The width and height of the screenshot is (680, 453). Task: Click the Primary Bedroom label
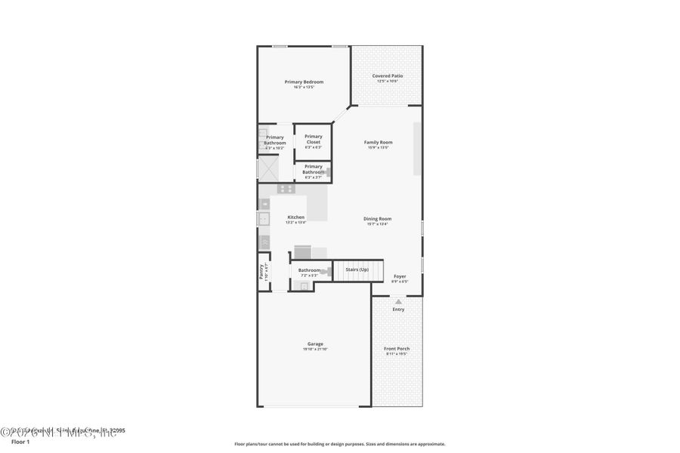point(304,82)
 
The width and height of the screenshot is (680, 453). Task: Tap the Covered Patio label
point(388,75)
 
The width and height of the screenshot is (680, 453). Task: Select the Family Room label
point(378,142)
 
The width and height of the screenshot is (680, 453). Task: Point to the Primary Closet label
point(314,139)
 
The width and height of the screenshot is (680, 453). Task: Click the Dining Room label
point(378,218)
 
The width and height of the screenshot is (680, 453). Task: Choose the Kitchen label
point(295,217)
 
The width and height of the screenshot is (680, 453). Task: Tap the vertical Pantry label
point(262,270)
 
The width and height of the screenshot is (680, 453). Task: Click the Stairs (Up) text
point(357,270)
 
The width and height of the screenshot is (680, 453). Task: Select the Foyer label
point(400,276)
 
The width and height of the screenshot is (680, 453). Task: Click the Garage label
point(315,344)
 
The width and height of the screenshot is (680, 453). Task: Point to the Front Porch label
point(397,348)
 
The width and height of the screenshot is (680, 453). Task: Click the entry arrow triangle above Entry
point(398,301)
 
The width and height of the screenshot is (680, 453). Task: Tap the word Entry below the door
point(398,309)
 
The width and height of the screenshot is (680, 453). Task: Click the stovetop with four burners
point(286,189)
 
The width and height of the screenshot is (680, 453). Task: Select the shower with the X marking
point(268,168)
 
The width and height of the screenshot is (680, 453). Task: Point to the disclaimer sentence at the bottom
point(339,444)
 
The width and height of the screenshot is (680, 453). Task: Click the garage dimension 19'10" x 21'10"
point(315,349)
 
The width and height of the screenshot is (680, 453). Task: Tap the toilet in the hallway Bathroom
point(324,271)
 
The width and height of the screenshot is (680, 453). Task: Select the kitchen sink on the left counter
point(264,219)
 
